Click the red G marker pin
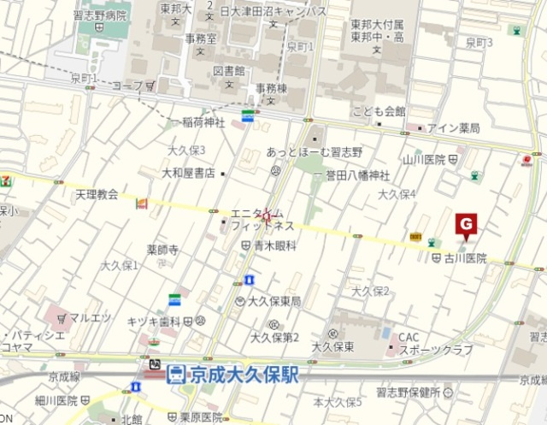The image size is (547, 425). (x=467, y=224)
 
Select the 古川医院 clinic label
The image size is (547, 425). (x=465, y=258)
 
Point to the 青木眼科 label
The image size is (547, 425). (x=274, y=245)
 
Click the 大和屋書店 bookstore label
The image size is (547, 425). (x=188, y=173)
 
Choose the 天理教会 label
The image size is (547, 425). (x=96, y=194)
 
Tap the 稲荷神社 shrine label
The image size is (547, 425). (x=202, y=122)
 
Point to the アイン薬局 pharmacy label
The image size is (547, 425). (x=454, y=128)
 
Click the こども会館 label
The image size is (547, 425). (x=379, y=111)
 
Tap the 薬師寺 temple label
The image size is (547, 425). (x=162, y=250)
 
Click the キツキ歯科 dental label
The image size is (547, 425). (x=154, y=322)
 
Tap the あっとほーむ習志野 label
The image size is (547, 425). (x=315, y=151)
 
